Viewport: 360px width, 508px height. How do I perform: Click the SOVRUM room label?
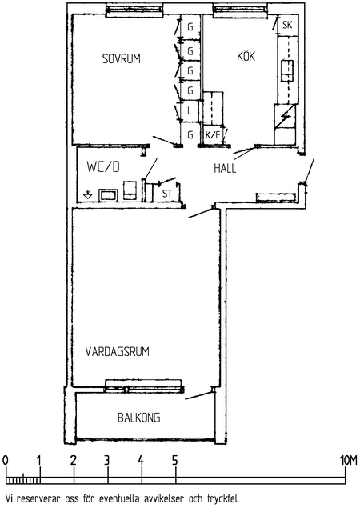pos(121,58)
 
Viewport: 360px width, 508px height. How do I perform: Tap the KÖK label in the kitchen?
pos(246,56)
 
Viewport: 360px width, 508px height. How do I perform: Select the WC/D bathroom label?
pos(103,167)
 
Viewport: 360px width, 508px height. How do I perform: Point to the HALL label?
pos(225,168)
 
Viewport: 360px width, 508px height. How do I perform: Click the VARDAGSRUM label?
pos(118,351)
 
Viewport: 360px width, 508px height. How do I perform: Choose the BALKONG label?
pos(138,418)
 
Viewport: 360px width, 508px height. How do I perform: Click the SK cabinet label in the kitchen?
pos(287,25)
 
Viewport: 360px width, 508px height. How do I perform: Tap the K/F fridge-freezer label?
pos(213,134)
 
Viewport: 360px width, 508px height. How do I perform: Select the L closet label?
pos(190,111)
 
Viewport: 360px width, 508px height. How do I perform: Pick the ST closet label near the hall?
pos(167,194)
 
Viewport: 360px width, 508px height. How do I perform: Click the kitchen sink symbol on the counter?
pos(286,70)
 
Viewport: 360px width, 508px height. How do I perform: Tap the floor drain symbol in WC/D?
pos(88,195)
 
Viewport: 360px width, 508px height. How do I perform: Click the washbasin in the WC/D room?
pos(108,195)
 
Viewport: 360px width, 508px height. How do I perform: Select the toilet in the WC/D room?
pos(130,190)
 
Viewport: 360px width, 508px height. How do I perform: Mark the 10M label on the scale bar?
pos(349,460)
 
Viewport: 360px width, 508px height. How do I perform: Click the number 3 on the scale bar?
pos(107,460)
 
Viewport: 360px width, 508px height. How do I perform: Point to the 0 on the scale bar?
pos(5,460)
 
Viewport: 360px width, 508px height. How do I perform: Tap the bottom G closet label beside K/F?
pos(190,134)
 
